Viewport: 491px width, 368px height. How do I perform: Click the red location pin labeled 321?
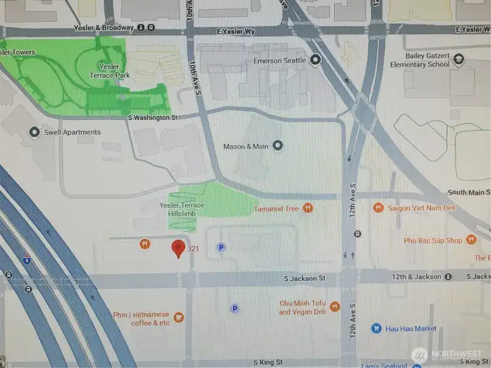pyautogui.click(x=179, y=249)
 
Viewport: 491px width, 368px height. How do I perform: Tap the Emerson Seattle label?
pyautogui.click(x=280, y=61)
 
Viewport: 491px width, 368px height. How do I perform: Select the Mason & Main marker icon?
pyautogui.click(x=278, y=145)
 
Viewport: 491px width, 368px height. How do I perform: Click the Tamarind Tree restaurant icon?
pyautogui.click(x=308, y=208)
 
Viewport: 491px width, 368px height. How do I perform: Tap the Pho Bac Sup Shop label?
pyautogui.click(x=433, y=240)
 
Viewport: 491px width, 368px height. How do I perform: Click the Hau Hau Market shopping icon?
pyautogui.click(x=376, y=328)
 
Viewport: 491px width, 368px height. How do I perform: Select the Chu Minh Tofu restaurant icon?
pyautogui.click(x=334, y=307)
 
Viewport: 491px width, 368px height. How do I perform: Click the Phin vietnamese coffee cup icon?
pyautogui.click(x=179, y=317)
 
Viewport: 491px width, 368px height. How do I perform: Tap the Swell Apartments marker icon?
pyautogui.click(x=34, y=132)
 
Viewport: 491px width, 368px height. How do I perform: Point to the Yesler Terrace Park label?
pyautogui.click(x=110, y=71)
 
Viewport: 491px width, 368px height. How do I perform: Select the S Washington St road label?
pyautogui.click(x=153, y=118)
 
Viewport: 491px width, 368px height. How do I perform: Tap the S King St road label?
pyautogui.click(x=267, y=363)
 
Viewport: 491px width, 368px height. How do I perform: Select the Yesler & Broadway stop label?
pyautogui.click(x=106, y=28)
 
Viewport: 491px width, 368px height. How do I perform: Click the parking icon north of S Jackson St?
pyautogui.click(x=220, y=247)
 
